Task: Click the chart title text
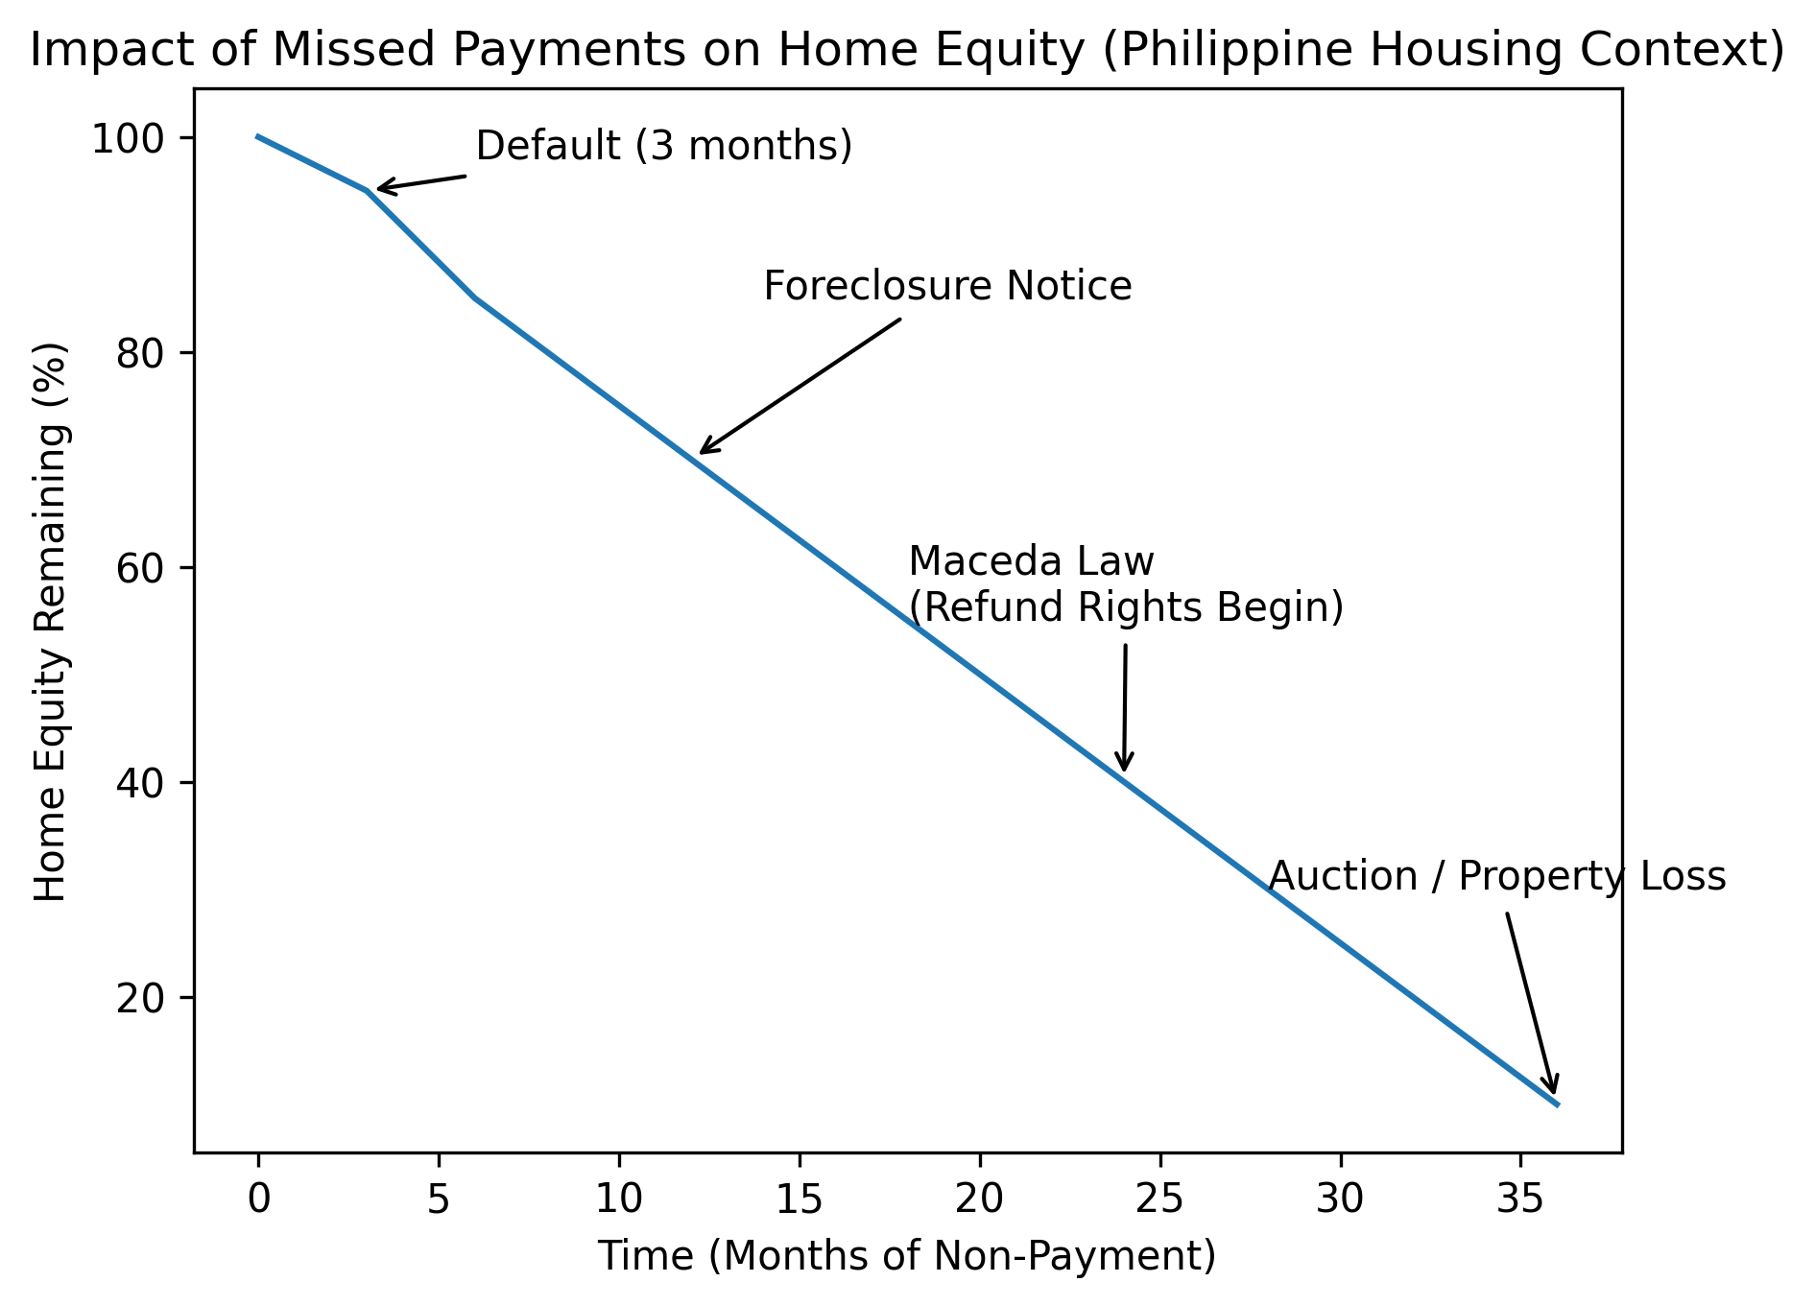(x=907, y=51)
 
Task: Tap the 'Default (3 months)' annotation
(x=664, y=147)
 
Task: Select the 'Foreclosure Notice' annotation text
(x=947, y=286)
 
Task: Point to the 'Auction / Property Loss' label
(x=1497, y=877)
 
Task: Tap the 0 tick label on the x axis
(x=258, y=1199)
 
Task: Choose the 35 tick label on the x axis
(x=1521, y=1199)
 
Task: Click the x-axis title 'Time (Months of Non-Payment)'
(x=907, y=1256)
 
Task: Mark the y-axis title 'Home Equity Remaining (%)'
(x=51, y=622)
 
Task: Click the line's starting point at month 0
(x=258, y=136)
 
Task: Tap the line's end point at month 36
(x=1558, y=1104)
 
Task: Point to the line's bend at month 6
(x=475, y=297)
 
